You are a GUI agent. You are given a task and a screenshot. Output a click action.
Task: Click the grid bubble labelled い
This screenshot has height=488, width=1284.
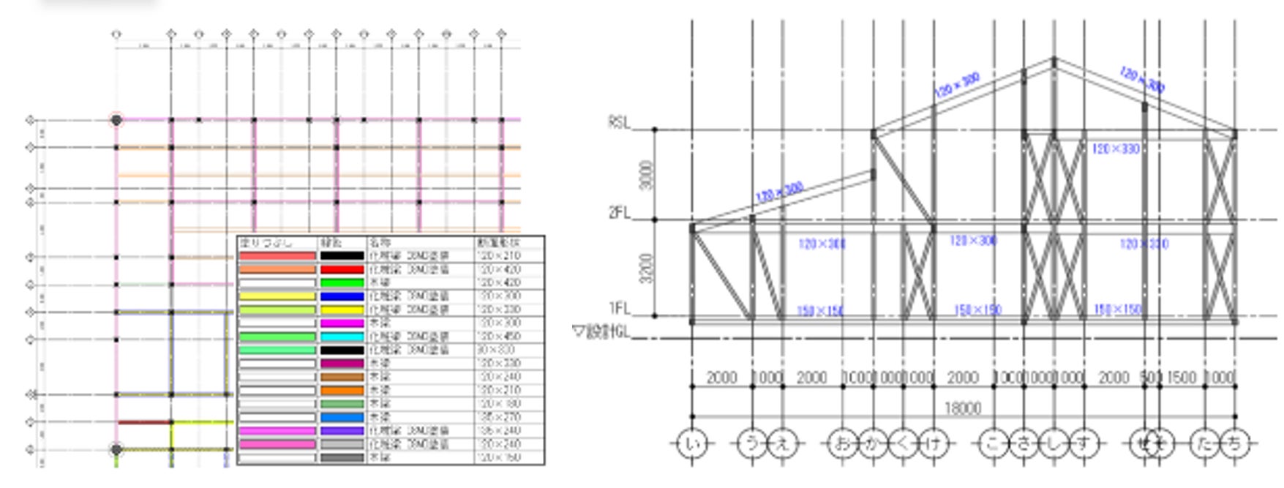(692, 443)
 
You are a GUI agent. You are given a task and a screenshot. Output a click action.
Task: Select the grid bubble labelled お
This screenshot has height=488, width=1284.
(843, 443)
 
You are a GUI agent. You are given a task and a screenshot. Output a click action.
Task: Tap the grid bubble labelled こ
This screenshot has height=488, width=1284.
(994, 443)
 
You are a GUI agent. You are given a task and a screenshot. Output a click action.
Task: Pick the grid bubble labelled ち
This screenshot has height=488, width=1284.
(1235, 443)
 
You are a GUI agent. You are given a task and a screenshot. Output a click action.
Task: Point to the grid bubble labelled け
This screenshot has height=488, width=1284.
(933, 443)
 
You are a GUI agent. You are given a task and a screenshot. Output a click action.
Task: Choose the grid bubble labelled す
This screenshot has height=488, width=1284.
(1084, 443)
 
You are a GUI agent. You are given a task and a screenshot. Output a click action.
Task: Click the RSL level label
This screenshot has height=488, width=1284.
(618, 123)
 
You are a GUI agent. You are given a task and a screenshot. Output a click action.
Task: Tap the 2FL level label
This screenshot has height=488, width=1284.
(618, 213)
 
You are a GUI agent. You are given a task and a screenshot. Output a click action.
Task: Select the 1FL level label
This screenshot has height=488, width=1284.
(618, 308)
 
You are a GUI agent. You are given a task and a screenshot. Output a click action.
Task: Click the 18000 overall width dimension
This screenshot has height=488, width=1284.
(962, 408)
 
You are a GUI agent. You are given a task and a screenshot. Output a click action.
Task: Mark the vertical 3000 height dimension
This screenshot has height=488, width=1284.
(646, 175)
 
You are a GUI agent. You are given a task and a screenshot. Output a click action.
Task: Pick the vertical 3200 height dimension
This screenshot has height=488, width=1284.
(646, 268)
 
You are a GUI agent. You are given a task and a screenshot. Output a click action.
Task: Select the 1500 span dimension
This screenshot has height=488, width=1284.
(1182, 378)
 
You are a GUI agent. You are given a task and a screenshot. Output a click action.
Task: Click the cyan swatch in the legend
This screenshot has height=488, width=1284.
(342, 337)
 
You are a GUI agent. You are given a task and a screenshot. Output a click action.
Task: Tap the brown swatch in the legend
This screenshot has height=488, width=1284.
(342, 377)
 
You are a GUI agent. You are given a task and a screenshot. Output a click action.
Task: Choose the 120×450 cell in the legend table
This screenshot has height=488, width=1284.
(498, 337)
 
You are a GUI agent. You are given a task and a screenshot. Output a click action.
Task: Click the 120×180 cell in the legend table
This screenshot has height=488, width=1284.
(498, 404)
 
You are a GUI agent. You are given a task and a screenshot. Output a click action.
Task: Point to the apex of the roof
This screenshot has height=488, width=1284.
(1054, 59)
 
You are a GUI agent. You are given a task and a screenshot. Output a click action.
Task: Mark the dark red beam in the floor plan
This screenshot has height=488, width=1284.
(144, 422)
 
